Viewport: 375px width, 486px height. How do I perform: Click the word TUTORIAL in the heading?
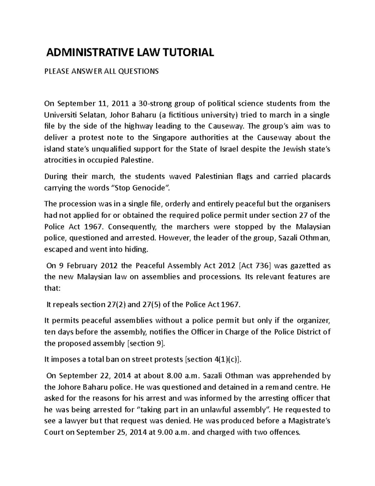tap(188, 52)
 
